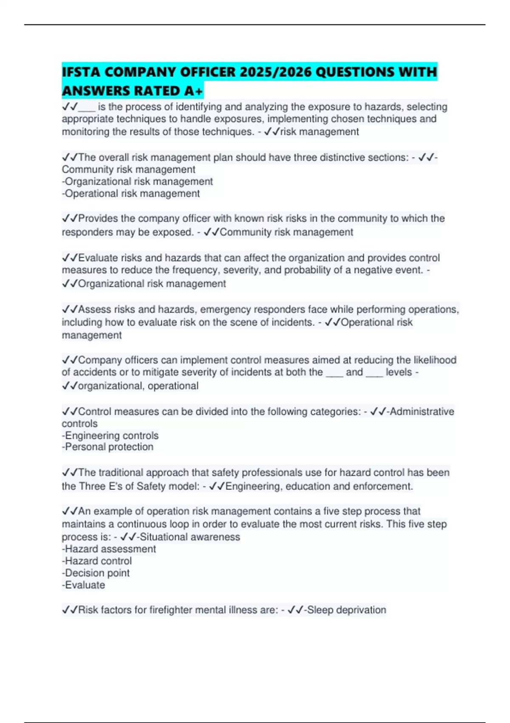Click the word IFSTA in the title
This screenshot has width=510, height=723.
[81, 72]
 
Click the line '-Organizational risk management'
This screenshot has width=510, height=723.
[137, 182]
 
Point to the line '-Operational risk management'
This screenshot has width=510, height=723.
[130, 194]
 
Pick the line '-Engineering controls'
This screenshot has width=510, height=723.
[110, 436]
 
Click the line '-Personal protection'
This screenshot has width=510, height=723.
[108, 447]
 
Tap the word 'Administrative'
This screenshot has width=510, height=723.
[422, 412]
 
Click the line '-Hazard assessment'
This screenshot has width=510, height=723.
[109, 549]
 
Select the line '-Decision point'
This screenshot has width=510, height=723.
[96, 573]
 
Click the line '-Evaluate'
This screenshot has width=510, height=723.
[83, 585]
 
